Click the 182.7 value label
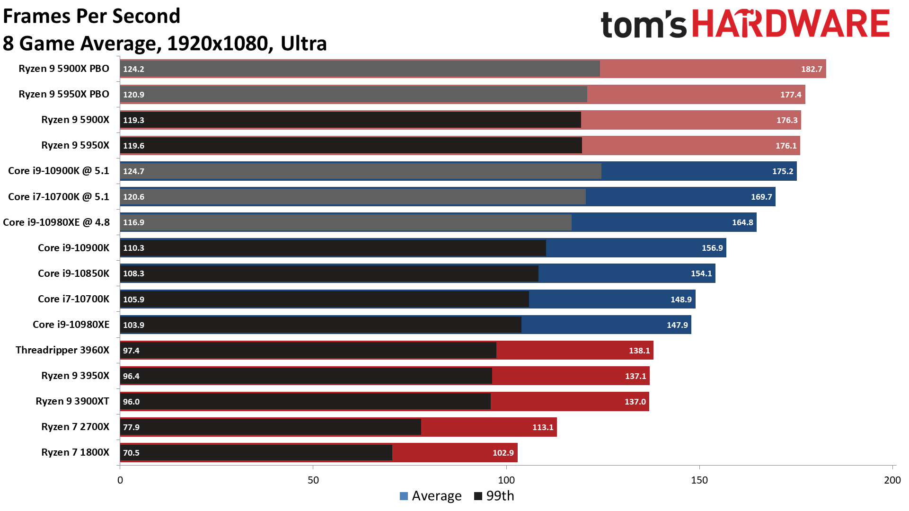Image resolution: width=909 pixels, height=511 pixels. pos(811,69)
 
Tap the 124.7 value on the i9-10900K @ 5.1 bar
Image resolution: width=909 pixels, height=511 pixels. pos(133,171)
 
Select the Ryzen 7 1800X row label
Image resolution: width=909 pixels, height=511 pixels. pos(75,452)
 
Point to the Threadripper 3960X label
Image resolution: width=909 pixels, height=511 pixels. pos(62,350)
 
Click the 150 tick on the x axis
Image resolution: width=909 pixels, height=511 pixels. pos(699,480)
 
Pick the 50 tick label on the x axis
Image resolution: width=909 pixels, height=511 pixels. pos(313,480)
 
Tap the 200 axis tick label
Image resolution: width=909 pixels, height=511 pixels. pos(892,480)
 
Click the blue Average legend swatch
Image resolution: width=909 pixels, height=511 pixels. pos(404,496)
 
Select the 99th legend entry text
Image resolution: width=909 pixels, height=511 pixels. pos(500,496)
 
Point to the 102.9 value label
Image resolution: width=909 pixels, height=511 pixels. pos(503,453)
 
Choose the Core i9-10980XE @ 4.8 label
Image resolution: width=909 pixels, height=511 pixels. pos(56,222)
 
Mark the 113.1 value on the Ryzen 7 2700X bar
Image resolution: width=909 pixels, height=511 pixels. pos(543,427)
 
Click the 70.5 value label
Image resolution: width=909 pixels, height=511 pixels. pos(131,453)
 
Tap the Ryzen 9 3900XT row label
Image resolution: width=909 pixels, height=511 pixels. pos(72,401)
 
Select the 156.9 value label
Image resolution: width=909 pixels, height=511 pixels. pos(712,248)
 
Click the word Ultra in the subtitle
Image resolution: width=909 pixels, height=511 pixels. pos(304,44)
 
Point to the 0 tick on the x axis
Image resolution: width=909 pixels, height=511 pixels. pos(120,480)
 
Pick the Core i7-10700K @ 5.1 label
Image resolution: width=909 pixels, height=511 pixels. pos(59,197)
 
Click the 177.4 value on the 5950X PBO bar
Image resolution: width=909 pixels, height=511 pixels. pos(791,95)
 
